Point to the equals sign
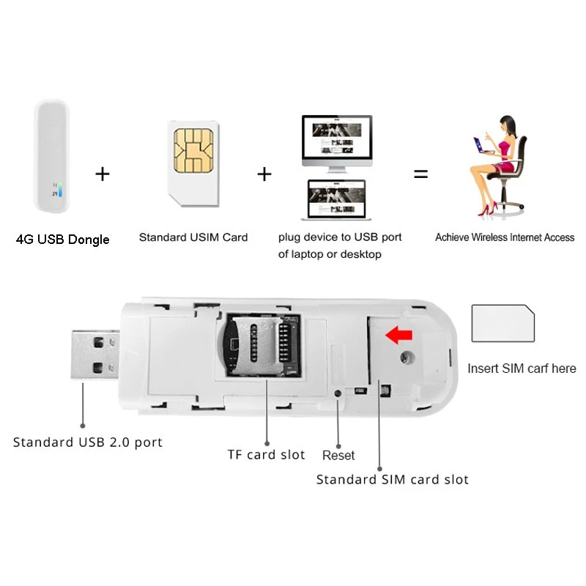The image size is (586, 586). click(x=420, y=174)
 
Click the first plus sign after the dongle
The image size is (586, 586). click(x=103, y=174)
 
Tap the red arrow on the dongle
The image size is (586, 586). click(x=399, y=335)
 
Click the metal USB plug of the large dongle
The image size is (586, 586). click(x=94, y=355)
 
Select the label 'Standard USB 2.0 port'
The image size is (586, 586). click(x=88, y=442)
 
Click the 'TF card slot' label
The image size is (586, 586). click(x=266, y=455)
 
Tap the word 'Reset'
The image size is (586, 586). click(x=338, y=456)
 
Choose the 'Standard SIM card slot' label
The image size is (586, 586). click(x=393, y=480)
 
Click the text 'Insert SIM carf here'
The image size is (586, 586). click(x=522, y=368)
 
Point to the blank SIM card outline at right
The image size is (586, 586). click(x=502, y=324)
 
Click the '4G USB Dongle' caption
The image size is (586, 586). click(x=63, y=240)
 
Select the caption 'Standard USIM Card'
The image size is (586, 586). click(x=193, y=237)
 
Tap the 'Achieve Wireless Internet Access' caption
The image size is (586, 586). click(x=505, y=237)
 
